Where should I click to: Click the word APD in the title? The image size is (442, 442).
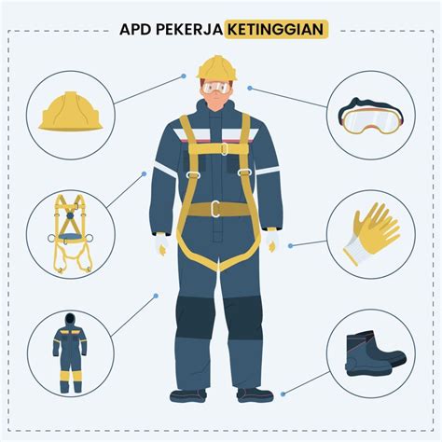coord(138,29)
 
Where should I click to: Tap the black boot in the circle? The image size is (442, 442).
coord(373,353)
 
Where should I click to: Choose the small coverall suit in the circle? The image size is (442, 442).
coord(70,352)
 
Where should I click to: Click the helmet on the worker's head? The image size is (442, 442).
coord(217,68)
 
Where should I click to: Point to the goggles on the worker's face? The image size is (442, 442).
coord(217,89)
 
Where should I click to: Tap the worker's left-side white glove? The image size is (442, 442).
coord(162,243)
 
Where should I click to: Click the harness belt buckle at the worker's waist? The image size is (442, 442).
coord(215,209)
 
